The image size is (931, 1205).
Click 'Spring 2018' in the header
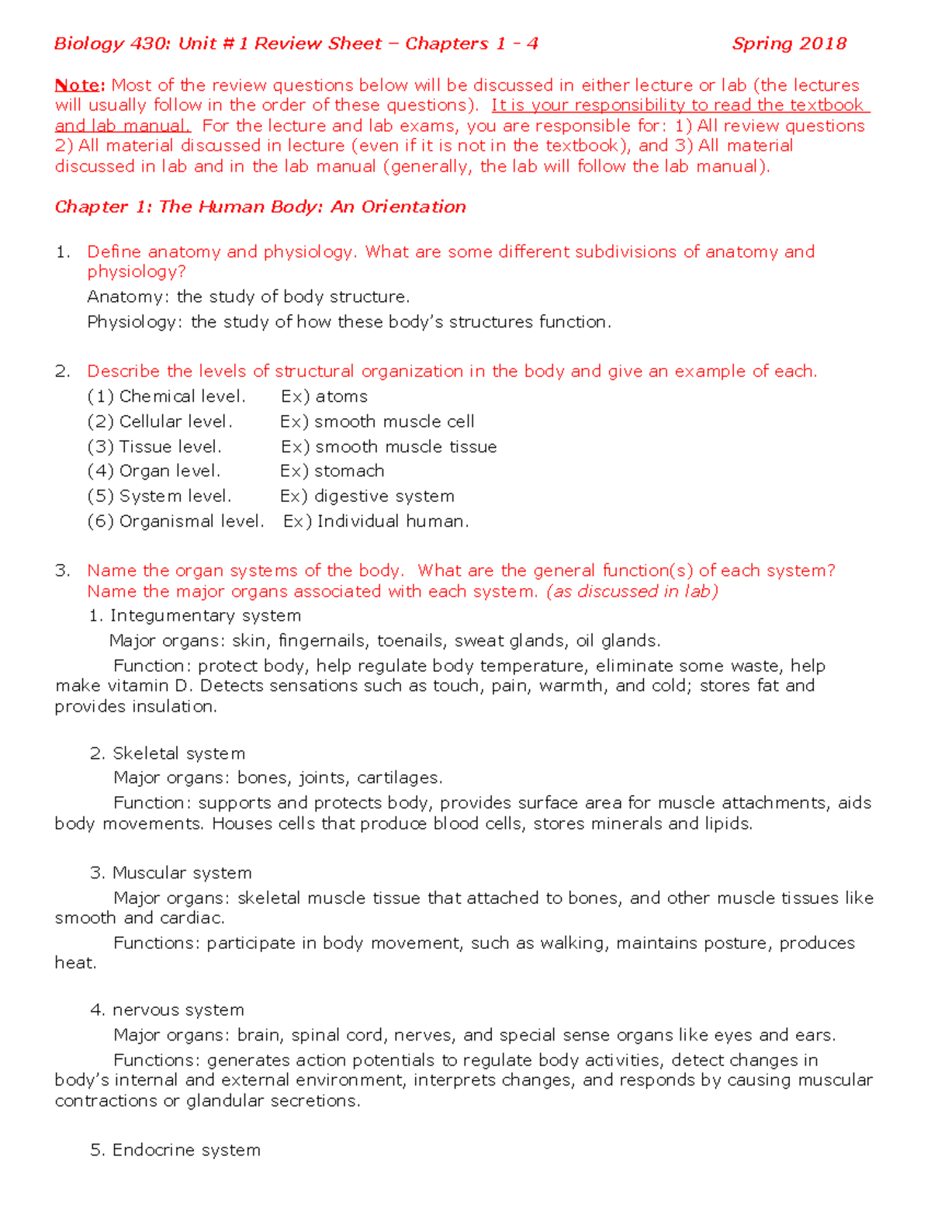[x=789, y=43]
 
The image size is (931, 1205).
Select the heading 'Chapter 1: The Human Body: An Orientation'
[x=260, y=206]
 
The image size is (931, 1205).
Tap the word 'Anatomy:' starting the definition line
[x=126, y=296]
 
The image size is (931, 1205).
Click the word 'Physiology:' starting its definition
[x=135, y=321]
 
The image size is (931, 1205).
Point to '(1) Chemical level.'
[x=166, y=396]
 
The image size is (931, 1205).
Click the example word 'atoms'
[x=341, y=396]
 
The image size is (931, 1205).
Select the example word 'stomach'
[x=349, y=471]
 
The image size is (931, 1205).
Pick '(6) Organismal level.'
[x=175, y=521]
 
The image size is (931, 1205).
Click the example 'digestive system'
[x=384, y=496]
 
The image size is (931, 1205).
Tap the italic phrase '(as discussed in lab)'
[x=632, y=591]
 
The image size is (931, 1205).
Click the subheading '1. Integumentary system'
[x=195, y=615]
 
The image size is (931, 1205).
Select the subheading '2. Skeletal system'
[x=168, y=753]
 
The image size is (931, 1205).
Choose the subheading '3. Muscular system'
[x=171, y=873]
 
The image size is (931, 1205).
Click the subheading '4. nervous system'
[x=167, y=1009]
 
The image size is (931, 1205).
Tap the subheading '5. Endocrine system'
[x=175, y=1150]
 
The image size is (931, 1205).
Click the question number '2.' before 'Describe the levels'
[x=63, y=371]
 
